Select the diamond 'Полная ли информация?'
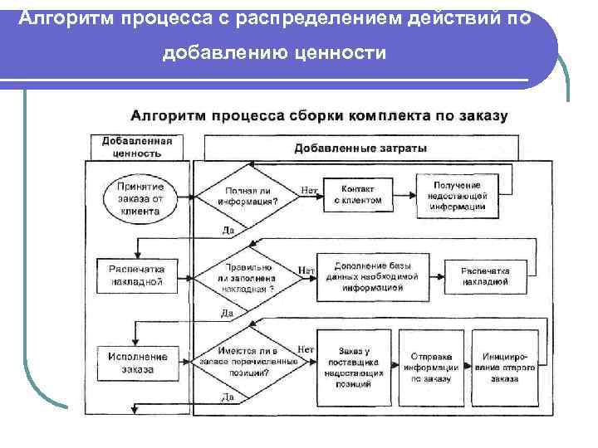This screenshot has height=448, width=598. click(x=248, y=196)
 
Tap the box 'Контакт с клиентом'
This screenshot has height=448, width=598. click(x=358, y=195)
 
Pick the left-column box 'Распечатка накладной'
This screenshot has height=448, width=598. click(x=137, y=275)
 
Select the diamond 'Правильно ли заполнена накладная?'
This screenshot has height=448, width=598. click(x=248, y=277)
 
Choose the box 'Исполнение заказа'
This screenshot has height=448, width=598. click(x=137, y=363)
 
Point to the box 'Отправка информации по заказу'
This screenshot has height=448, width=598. click(x=431, y=363)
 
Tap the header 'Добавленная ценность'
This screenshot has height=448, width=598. click(x=137, y=147)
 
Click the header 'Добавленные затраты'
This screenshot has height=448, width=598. click(x=360, y=149)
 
